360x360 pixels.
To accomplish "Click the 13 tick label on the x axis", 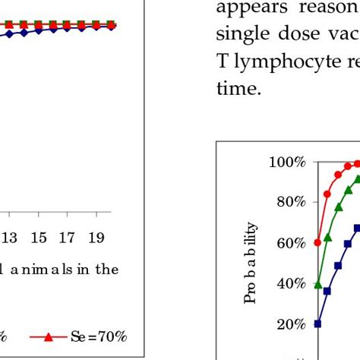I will [10, 238].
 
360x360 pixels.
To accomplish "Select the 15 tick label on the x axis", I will [38, 238].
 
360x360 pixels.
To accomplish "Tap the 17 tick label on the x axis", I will [67, 238].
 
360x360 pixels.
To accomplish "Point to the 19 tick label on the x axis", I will [96, 238].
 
